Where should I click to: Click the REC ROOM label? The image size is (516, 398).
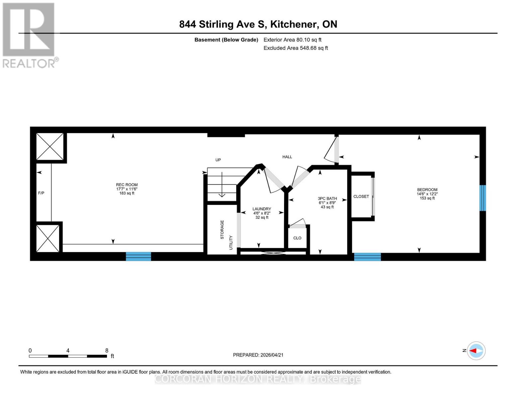point(127,185)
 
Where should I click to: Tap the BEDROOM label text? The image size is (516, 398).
point(427,190)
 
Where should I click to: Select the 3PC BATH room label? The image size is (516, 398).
point(327,198)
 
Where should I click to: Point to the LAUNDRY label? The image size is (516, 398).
point(261,209)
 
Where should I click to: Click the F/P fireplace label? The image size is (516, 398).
point(41,193)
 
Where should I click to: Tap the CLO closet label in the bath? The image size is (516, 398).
point(297,238)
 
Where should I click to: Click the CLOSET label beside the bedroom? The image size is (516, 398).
point(361,196)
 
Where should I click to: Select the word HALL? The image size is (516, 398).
point(287,157)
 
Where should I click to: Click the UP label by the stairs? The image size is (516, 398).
point(218,160)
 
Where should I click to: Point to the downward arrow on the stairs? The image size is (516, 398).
point(222,190)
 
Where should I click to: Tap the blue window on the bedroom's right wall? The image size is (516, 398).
point(482,198)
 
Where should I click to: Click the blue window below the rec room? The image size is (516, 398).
point(139,256)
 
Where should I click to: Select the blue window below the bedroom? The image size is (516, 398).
point(367,257)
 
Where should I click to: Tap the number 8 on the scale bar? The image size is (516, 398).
point(107,351)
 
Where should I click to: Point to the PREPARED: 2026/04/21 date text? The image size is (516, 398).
point(258,355)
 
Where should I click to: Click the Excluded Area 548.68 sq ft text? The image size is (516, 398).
point(295,48)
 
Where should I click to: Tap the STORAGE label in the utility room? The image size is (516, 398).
point(222,230)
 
